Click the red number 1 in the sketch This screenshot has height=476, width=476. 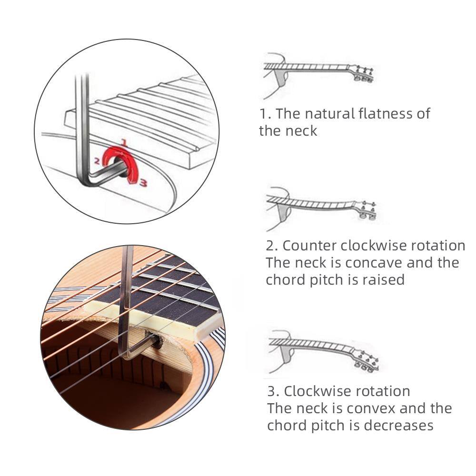[x=124, y=142]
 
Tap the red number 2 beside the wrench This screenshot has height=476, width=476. [x=97, y=161]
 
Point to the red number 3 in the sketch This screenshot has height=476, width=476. [x=143, y=181]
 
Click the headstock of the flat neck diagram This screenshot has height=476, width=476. [x=363, y=74]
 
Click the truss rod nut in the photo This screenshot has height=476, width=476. [x=157, y=341]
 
